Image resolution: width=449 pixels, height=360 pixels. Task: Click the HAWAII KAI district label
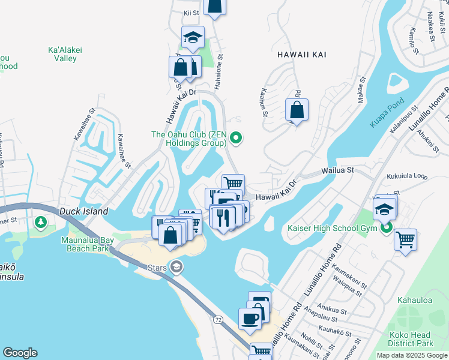(x=302, y=54)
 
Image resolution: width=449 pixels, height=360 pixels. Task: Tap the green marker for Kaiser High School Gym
(x=387, y=227)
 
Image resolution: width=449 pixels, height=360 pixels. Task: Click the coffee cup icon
(x=249, y=319)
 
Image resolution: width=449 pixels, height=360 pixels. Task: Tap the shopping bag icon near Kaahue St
(x=297, y=110)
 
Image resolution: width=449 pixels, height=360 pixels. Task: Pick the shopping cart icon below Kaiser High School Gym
(x=405, y=239)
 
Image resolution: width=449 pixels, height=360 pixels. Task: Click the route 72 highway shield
(x=218, y=320)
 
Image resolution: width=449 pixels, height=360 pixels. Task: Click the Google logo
(x=20, y=353)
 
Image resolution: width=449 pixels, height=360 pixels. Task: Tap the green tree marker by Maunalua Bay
(x=41, y=223)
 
